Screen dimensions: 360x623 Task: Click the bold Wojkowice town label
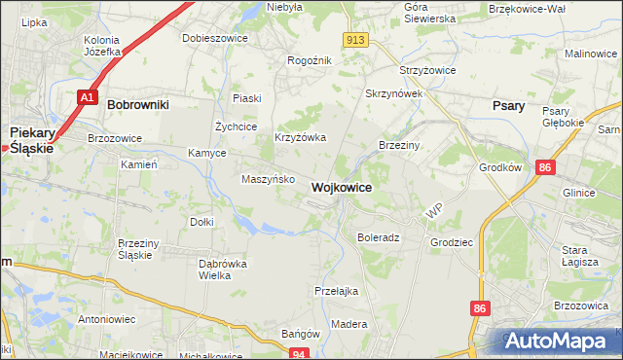(340, 187)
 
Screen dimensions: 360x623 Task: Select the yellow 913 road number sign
(355, 39)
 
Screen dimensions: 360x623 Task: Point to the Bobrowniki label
(138, 103)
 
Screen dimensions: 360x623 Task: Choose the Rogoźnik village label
(310, 60)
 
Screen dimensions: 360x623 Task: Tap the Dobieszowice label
(215, 39)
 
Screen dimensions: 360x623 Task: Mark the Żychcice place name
(236, 126)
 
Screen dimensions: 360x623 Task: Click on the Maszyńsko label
(268, 179)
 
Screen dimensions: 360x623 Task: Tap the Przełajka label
(337, 291)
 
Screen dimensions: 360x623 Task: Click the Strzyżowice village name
(429, 71)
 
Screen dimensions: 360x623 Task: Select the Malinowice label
(591, 54)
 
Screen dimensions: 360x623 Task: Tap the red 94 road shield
(301, 354)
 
